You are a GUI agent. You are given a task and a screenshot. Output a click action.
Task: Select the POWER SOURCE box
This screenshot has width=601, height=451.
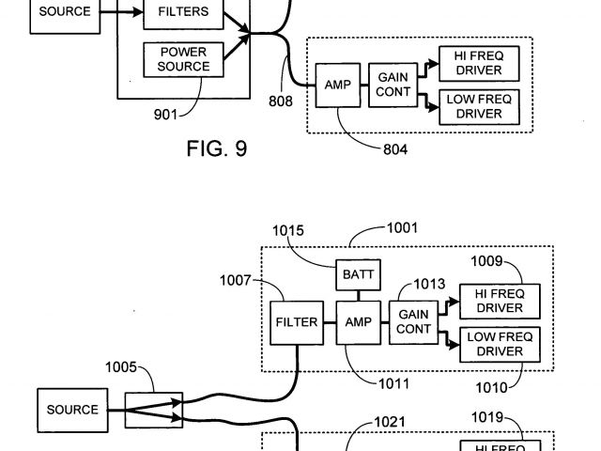[x=183, y=59]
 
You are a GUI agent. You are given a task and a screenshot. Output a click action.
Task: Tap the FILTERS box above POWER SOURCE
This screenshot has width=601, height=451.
[x=183, y=13]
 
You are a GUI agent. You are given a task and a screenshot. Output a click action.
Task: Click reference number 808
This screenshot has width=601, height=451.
[x=280, y=101]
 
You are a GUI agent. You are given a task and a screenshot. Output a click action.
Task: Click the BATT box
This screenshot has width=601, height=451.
[x=355, y=275]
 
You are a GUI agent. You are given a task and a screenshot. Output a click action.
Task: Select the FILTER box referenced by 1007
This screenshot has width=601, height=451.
[x=297, y=322]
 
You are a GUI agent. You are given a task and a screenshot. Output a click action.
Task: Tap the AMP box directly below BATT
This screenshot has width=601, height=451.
[x=358, y=322]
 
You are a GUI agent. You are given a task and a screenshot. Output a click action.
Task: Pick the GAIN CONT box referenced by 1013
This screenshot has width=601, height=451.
[x=414, y=321]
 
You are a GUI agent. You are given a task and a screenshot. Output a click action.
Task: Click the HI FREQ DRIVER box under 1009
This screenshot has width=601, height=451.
[x=499, y=301]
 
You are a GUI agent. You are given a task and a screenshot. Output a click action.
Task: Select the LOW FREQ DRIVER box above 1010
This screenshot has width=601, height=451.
[x=499, y=344]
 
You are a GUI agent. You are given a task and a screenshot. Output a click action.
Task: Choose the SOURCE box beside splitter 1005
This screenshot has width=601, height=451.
[x=72, y=410]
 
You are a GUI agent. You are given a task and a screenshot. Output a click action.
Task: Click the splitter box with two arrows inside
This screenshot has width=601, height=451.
[x=153, y=411]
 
